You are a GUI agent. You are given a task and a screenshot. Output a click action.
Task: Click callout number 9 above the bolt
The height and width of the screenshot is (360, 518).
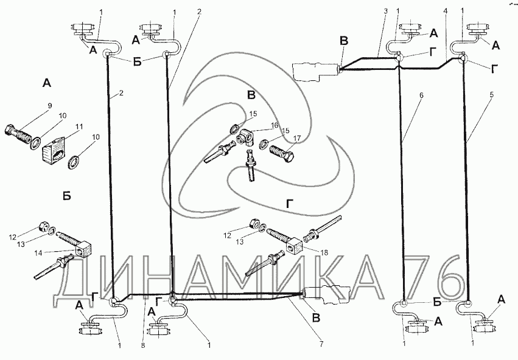50,105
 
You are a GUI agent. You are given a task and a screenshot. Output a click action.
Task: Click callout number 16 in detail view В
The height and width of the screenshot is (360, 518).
273,125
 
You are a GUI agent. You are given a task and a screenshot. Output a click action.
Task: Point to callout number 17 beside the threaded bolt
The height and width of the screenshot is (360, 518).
296,139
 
